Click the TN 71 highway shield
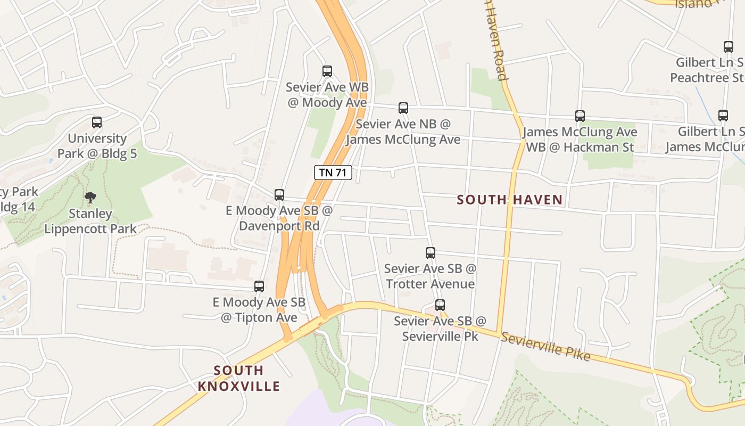point(333,172)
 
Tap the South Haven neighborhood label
point(510,200)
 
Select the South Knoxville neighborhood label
point(238,378)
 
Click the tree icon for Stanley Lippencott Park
point(90,198)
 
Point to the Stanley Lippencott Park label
point(90,222)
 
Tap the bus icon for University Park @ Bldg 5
point(97,122)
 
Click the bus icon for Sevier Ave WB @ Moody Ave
point(327,71)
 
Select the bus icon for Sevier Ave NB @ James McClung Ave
point(403,108)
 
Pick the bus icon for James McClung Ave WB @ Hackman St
point(580,116)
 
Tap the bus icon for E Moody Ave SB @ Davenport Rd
point(279,195)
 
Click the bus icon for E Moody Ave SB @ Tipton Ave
point(259,286)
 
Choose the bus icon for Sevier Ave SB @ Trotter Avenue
point(431,253)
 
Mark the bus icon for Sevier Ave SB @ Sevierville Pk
point(440,305)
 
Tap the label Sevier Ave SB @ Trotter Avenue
point(430,276)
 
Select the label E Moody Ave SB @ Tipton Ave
point(259,310)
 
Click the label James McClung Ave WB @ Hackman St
point(580,140)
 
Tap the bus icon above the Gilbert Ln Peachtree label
point(729,47)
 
